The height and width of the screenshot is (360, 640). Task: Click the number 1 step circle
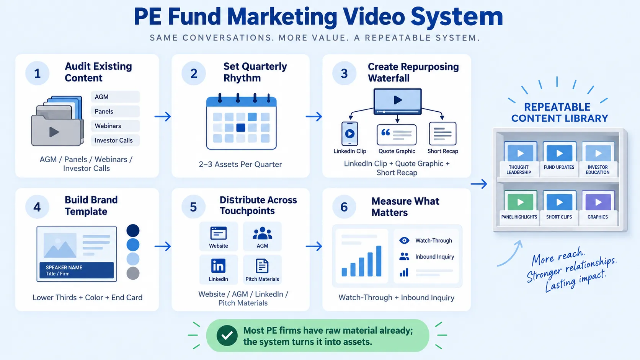(x=37, y=73)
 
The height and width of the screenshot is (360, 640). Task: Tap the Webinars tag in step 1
(x=116, y=126)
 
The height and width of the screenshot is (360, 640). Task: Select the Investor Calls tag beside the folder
(x=116, y=140)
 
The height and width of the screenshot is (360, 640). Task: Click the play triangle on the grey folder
(x=54, y=132)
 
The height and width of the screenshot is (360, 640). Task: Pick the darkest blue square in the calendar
(x=240, y=128)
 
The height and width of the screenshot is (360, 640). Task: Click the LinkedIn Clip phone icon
(x=350, y=134)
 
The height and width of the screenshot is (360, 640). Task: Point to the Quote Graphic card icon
(x=397, y=135)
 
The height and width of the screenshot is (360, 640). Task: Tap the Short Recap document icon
(x=442, y=134)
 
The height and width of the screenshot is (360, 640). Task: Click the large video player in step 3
(x=397, y=101)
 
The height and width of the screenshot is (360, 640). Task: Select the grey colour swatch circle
(x=133, y=273)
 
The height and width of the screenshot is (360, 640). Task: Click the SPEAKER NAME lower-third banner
(x=77, y=270)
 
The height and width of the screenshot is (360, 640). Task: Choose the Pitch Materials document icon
(x=262, y=266)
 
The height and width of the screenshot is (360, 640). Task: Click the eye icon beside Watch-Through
(x=404, y=240)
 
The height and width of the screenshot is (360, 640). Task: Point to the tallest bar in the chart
(x=379, y=261)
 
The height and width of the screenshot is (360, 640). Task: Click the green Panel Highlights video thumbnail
(x=520, y=202)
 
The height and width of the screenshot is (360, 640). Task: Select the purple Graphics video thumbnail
(x=598, y=202)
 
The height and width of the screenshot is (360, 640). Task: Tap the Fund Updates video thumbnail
(x=559, y=153)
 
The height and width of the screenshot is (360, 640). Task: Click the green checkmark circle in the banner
(x=227, y=336)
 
